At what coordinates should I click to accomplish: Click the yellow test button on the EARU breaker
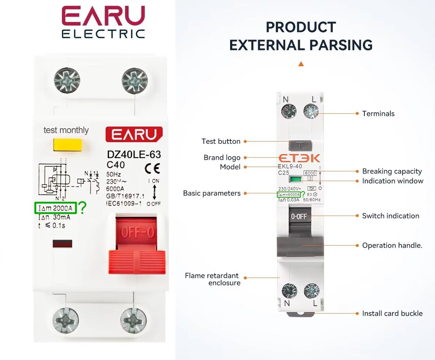tap(68, 144)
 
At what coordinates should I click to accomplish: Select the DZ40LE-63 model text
tap(134, 154)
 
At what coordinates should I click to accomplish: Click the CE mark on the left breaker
tap(152, 168)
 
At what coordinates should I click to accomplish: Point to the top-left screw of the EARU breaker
tap(67, 79)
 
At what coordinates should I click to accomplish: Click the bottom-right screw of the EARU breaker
tap(133, 320)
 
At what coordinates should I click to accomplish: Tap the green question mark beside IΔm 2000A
tap(82, 208)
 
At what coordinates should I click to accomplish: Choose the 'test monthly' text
tap(66, 130)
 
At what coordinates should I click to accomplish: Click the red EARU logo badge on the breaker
tap(134, 134)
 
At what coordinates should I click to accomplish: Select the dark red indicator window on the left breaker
tap(62, 244)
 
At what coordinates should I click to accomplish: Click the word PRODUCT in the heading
tap(301, 27)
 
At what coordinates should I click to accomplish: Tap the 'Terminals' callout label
tap(378, 114)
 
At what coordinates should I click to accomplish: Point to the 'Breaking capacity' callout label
tap(392, 171)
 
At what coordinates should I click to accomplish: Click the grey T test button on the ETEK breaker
tap(300, 145)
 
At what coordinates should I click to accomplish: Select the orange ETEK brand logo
tap(299, 158)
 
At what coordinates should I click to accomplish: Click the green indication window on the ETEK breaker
tap(296, 180)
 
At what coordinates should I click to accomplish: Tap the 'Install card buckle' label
tap(392, 314)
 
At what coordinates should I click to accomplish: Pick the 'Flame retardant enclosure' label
tap(212, 279)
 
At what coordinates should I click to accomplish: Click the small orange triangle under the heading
tap(301, 64)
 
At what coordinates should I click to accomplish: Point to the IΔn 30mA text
tap(54, 217)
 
